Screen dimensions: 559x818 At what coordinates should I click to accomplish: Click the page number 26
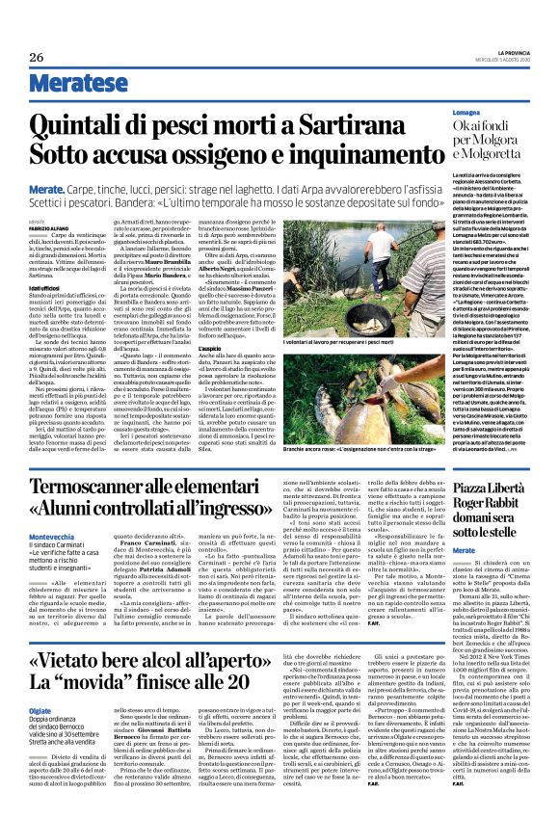[x=37, y=57]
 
